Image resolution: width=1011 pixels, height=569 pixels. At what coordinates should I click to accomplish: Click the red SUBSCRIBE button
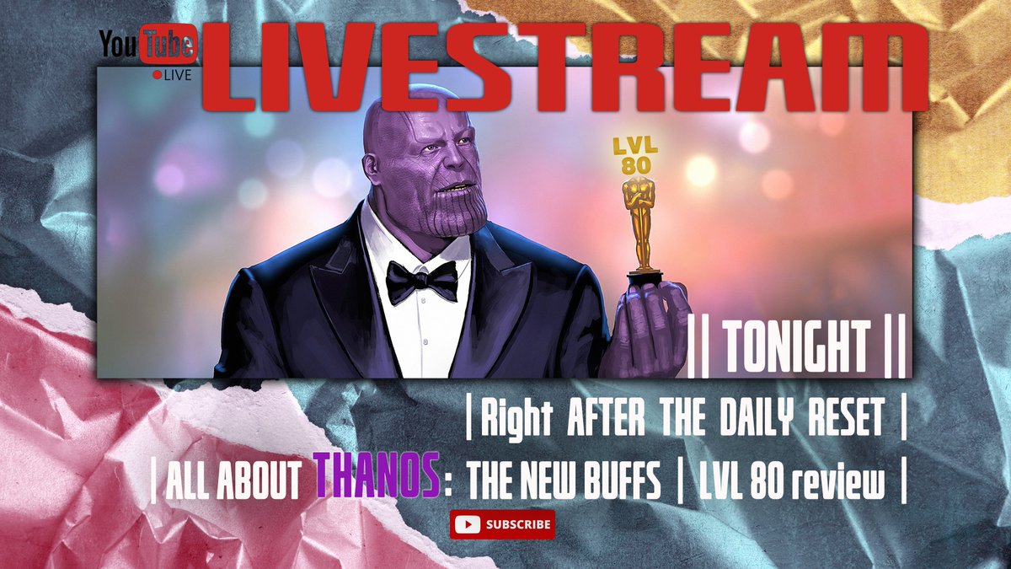tap(502, 524)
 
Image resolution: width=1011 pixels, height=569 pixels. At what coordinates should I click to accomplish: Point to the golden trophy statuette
tap(642, 219)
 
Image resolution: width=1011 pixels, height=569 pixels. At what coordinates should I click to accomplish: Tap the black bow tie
tap(421, 279)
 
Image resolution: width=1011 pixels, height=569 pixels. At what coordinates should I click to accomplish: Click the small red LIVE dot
tap(157, 75)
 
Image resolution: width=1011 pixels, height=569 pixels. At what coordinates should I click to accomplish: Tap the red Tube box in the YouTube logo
tap(168, 46)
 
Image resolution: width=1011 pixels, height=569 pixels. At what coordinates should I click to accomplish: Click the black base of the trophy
tap(644, 276)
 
